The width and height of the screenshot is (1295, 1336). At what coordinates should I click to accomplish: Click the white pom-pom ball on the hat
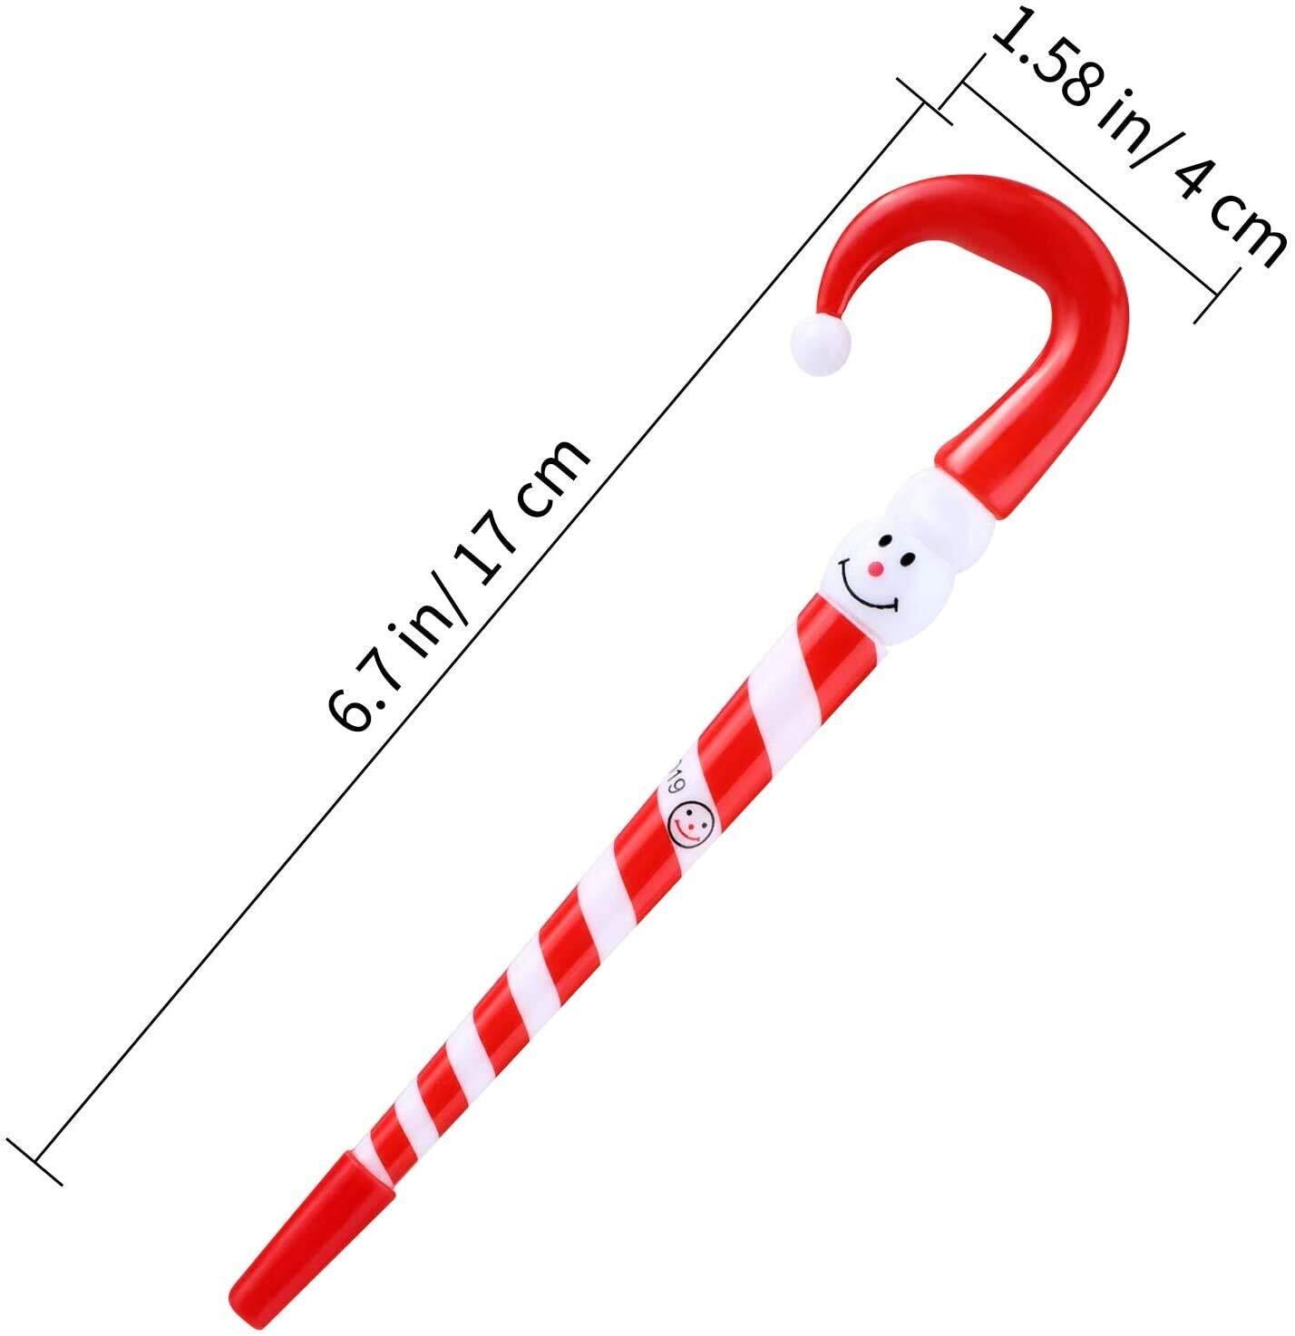click(x=821, y=347)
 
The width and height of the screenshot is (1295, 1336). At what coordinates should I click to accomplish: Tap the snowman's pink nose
click(x=874, y=567)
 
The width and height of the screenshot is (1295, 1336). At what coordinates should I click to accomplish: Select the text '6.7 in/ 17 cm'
click(x=456, y=586)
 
